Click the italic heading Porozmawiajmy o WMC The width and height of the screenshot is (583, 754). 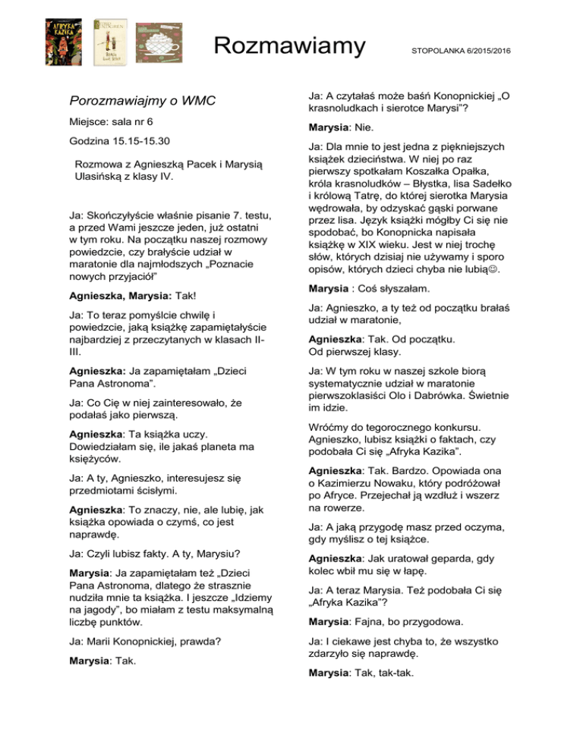point(144,101)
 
